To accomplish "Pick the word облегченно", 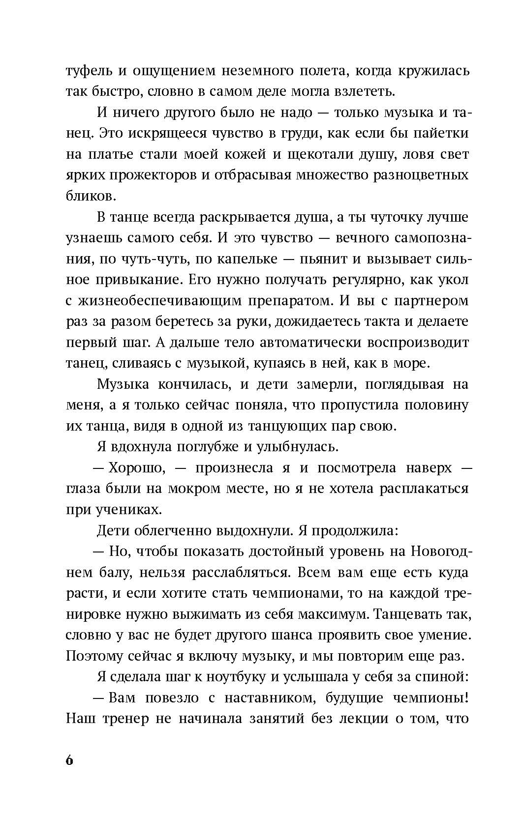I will tap(176, 530).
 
